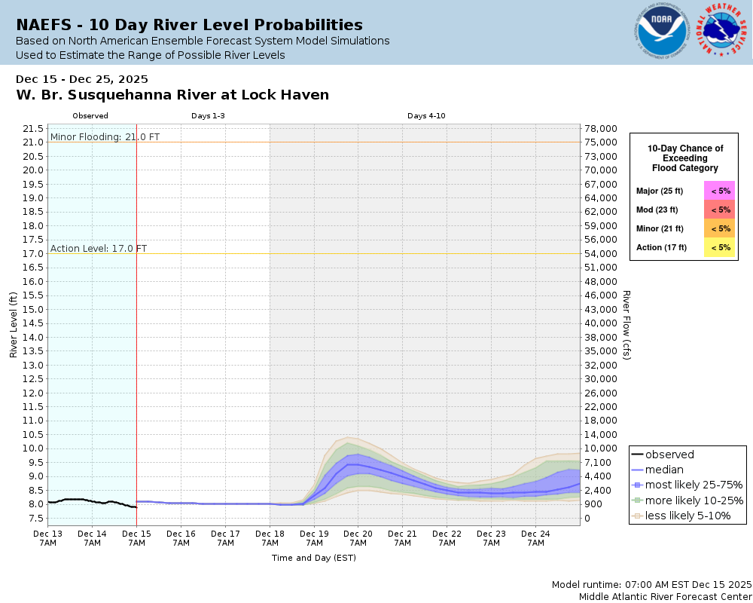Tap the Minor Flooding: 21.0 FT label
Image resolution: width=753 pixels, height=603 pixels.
(94, 136)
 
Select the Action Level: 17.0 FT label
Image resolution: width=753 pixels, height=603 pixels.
(99, 248)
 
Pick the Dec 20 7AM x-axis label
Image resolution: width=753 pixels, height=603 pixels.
(358, 537)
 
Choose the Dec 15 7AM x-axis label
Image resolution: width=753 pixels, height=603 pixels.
(136, 537)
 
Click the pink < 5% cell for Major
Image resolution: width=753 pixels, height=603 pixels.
(720, 191)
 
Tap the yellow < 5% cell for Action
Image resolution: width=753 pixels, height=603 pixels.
(720, 247)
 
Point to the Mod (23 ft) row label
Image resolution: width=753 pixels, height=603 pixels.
(657, 210)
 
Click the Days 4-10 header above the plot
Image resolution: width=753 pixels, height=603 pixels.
(425, 116)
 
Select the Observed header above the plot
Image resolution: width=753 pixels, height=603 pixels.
(90, 116)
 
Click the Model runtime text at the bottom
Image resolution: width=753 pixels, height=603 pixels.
(651, 584)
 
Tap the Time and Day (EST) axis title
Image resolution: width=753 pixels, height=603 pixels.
(313, 558)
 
